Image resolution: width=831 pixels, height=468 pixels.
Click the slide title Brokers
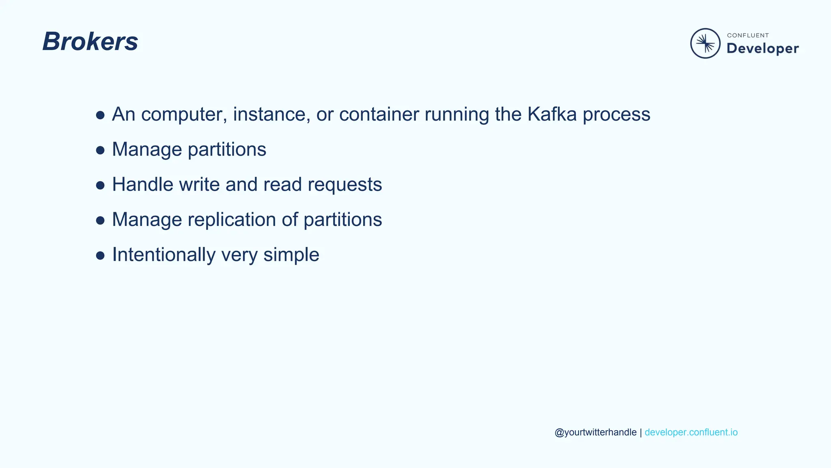tap(90, 41)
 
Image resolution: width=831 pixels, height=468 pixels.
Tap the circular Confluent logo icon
tap(705, 43)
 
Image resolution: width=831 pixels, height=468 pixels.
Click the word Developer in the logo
tap(762, 48)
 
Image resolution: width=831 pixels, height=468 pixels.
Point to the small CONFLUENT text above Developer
tap(748, 35)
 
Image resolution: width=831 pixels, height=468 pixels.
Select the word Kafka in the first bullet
tap(552, 114)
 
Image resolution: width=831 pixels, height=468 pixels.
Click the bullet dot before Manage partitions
tap(100, 150)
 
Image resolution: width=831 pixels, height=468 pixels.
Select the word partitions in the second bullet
tap(227, 149)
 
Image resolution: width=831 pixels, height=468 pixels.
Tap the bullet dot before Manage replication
tap(100, 221)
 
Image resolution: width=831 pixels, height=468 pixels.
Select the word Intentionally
tap(164, 255)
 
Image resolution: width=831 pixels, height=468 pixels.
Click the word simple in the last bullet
tap(291, 255)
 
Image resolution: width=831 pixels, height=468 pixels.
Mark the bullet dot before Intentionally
tap(100, 256)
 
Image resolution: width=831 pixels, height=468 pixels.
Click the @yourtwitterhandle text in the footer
tap(595, 432)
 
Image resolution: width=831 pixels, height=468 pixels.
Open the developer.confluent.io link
tap(691, 432)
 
